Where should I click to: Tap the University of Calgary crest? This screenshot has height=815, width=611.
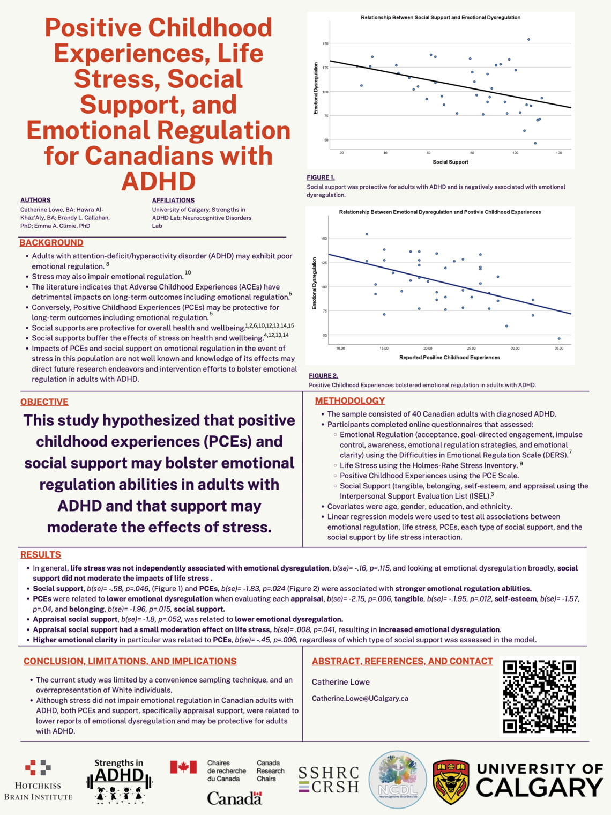[451, 781]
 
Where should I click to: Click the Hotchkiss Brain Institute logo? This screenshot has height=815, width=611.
[38, 780]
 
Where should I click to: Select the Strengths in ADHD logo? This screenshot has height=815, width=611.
[119, 781]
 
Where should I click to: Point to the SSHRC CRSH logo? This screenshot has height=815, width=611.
[329, 780]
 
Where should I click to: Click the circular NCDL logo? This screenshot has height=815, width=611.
[398, 780]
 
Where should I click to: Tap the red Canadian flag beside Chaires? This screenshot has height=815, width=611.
[183, 767]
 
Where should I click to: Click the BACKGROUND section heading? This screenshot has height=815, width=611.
[51, 243]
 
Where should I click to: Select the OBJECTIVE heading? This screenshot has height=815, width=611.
[44, 402]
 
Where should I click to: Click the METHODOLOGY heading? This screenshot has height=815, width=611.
[350, 401]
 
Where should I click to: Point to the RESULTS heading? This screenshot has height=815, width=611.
[41, 554]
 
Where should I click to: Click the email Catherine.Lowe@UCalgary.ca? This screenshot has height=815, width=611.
[360, 699]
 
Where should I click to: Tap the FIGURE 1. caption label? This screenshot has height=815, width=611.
[321, 177]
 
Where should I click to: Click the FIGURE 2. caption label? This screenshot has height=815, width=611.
[323, 376]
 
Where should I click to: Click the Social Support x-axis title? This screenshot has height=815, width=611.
[450, 162]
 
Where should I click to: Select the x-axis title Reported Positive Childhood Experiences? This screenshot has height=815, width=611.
[449, 358]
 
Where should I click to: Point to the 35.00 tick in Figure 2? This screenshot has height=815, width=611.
[559, 349]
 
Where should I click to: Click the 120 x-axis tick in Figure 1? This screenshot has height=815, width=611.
[559, 153]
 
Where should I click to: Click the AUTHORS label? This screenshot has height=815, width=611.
[35, 200]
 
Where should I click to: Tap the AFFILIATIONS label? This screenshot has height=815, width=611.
[173, 201]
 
